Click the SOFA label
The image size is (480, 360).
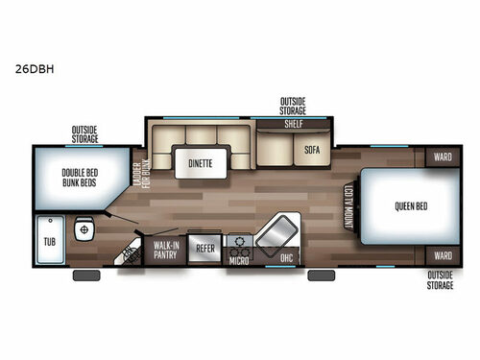pyautogui.click(x=312, y=150)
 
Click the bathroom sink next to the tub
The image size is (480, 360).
pyautogui.click(x=84, y=231)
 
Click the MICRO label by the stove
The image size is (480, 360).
pyautogui.click(x=240, y=258)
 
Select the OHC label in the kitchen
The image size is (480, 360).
pyautogui.click(x=284, y=257)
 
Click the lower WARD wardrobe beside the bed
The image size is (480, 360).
pyautogui.click(x=442, y=256)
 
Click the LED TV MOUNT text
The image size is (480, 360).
pyautogui.click(x=348, y=205)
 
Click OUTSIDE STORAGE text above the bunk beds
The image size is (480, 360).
pyautogui.click(x=84, y=133)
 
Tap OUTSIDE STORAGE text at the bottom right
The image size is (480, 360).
pyautogui.click(x=441, y=279)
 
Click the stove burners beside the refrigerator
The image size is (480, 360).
pyautogui.click(x=239, y=241)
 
